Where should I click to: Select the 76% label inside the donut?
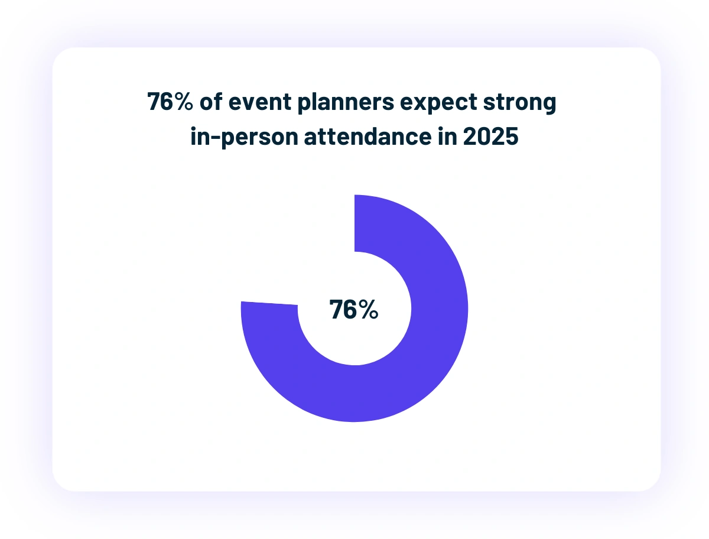(x=354, y=310)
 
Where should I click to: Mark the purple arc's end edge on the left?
(x=269, y=304)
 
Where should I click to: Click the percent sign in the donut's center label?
(x=369, y=310)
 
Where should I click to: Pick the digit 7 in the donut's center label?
(x=337, y=310)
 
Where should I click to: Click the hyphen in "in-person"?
(x=214, y=138)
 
